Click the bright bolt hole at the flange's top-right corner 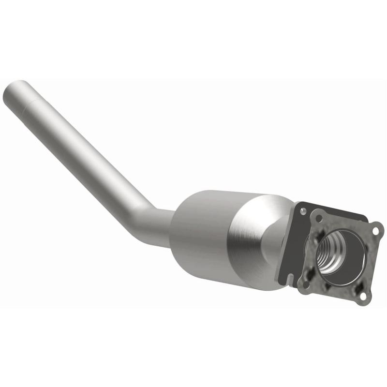[x=375, y=231]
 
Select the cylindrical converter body [x=203, y=232]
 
